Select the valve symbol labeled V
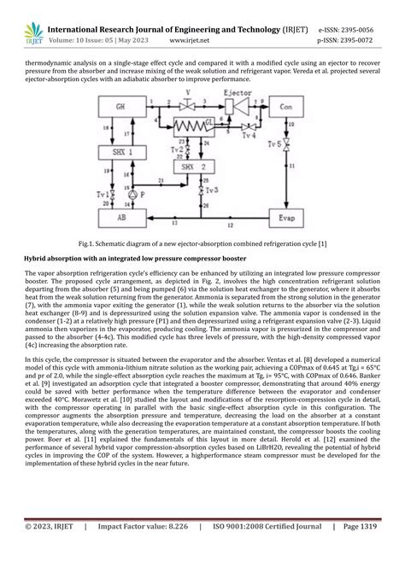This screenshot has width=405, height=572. pyautogui.click(x=187, y=91)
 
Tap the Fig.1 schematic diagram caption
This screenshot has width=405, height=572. pyautogui.click(x=202, y=244)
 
